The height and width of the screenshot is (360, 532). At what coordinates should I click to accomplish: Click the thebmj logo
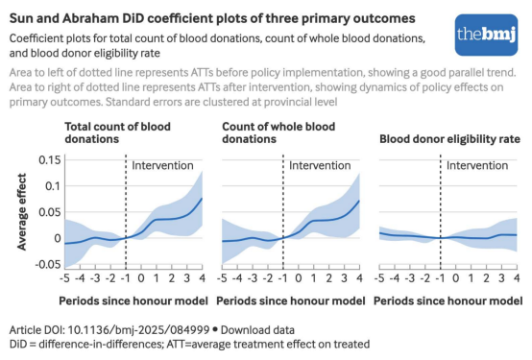pyautogui.click(x=486, y=35)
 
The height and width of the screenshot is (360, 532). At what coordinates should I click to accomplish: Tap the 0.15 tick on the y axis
pyautogui.click(x=50, y=159)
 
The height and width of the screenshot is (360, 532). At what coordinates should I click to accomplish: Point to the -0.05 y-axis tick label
pyautogui.click(x=48, y=264)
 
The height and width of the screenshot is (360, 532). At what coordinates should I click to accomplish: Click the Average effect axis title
pyautogui.click(x=22, y=212)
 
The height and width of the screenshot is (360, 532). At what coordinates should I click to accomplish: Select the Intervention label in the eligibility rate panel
pyautogui.click(x=477, y=165)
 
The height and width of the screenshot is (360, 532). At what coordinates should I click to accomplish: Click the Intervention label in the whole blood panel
pyautogui.click(x=320, y=165)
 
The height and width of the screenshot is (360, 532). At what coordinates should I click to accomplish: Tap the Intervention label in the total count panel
pyautogui.click(x=162, y=165)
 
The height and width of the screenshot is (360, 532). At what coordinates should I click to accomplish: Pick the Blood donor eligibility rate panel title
pyautogui.click(x=449, y=139)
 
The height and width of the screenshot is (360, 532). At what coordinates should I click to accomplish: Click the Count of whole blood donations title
pyautogui.click(x=278, y=132)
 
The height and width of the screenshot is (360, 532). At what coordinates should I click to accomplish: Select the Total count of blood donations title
pyautogui.click(x=117, y=132)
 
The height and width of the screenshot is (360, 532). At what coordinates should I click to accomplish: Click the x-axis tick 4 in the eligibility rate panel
pyautogui.click(x=517, y=278)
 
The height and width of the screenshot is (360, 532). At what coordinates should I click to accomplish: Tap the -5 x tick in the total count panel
pyautogui.click(x=64, y=278)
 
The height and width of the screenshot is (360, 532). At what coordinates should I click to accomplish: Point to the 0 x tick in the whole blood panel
pyautogui.click(x=299, y=278)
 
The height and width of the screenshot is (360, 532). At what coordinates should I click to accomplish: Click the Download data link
pyautogui.click(x=257, y=330)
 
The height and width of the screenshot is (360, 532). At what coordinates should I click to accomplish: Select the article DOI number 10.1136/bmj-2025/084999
pyautogui.click(x=138, y=330)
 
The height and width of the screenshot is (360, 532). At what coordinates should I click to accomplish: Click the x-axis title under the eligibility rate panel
pyautogui.click(x=447, y=301)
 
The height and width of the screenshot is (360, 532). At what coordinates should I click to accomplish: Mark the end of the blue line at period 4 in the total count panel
pyautogui.click(x=203, y=198)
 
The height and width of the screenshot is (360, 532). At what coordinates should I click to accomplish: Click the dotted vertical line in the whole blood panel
pyautogui.click(x=283, y=212)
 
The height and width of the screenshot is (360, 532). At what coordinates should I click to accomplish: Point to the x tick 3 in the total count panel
pyautogui.click(x=187, y=278)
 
